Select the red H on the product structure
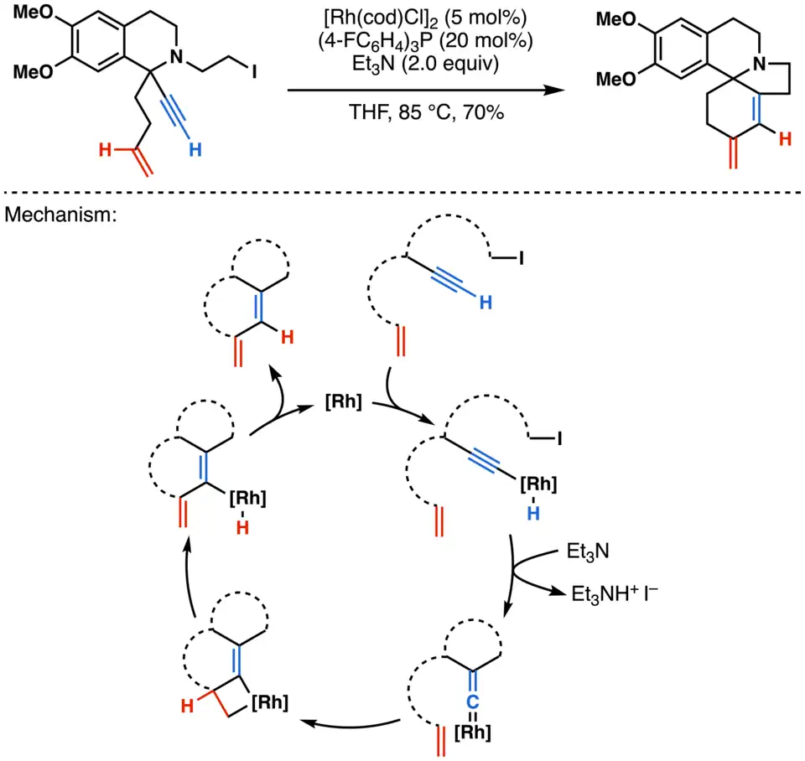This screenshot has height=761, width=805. (785, 140)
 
